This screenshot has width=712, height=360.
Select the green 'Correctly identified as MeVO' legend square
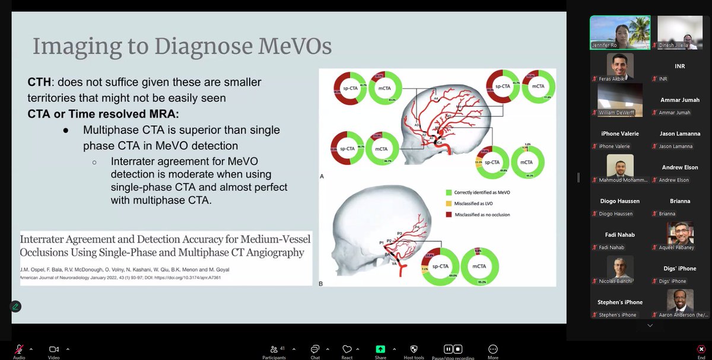(x=449, y=192)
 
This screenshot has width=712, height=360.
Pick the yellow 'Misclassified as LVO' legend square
(x=449, y=203)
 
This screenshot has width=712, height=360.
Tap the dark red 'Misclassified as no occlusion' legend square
(x=449, y=214)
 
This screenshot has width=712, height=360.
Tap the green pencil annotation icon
(x=15, y=307)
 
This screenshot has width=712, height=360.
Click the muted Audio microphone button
(x=19, y=349)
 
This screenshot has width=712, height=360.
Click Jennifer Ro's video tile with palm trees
(x=619, y=32)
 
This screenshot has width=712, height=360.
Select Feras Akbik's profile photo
(x=620, y=65)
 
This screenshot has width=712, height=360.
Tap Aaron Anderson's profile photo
(x=679, y=301)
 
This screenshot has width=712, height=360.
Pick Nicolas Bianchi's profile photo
(x=620, y=267)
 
